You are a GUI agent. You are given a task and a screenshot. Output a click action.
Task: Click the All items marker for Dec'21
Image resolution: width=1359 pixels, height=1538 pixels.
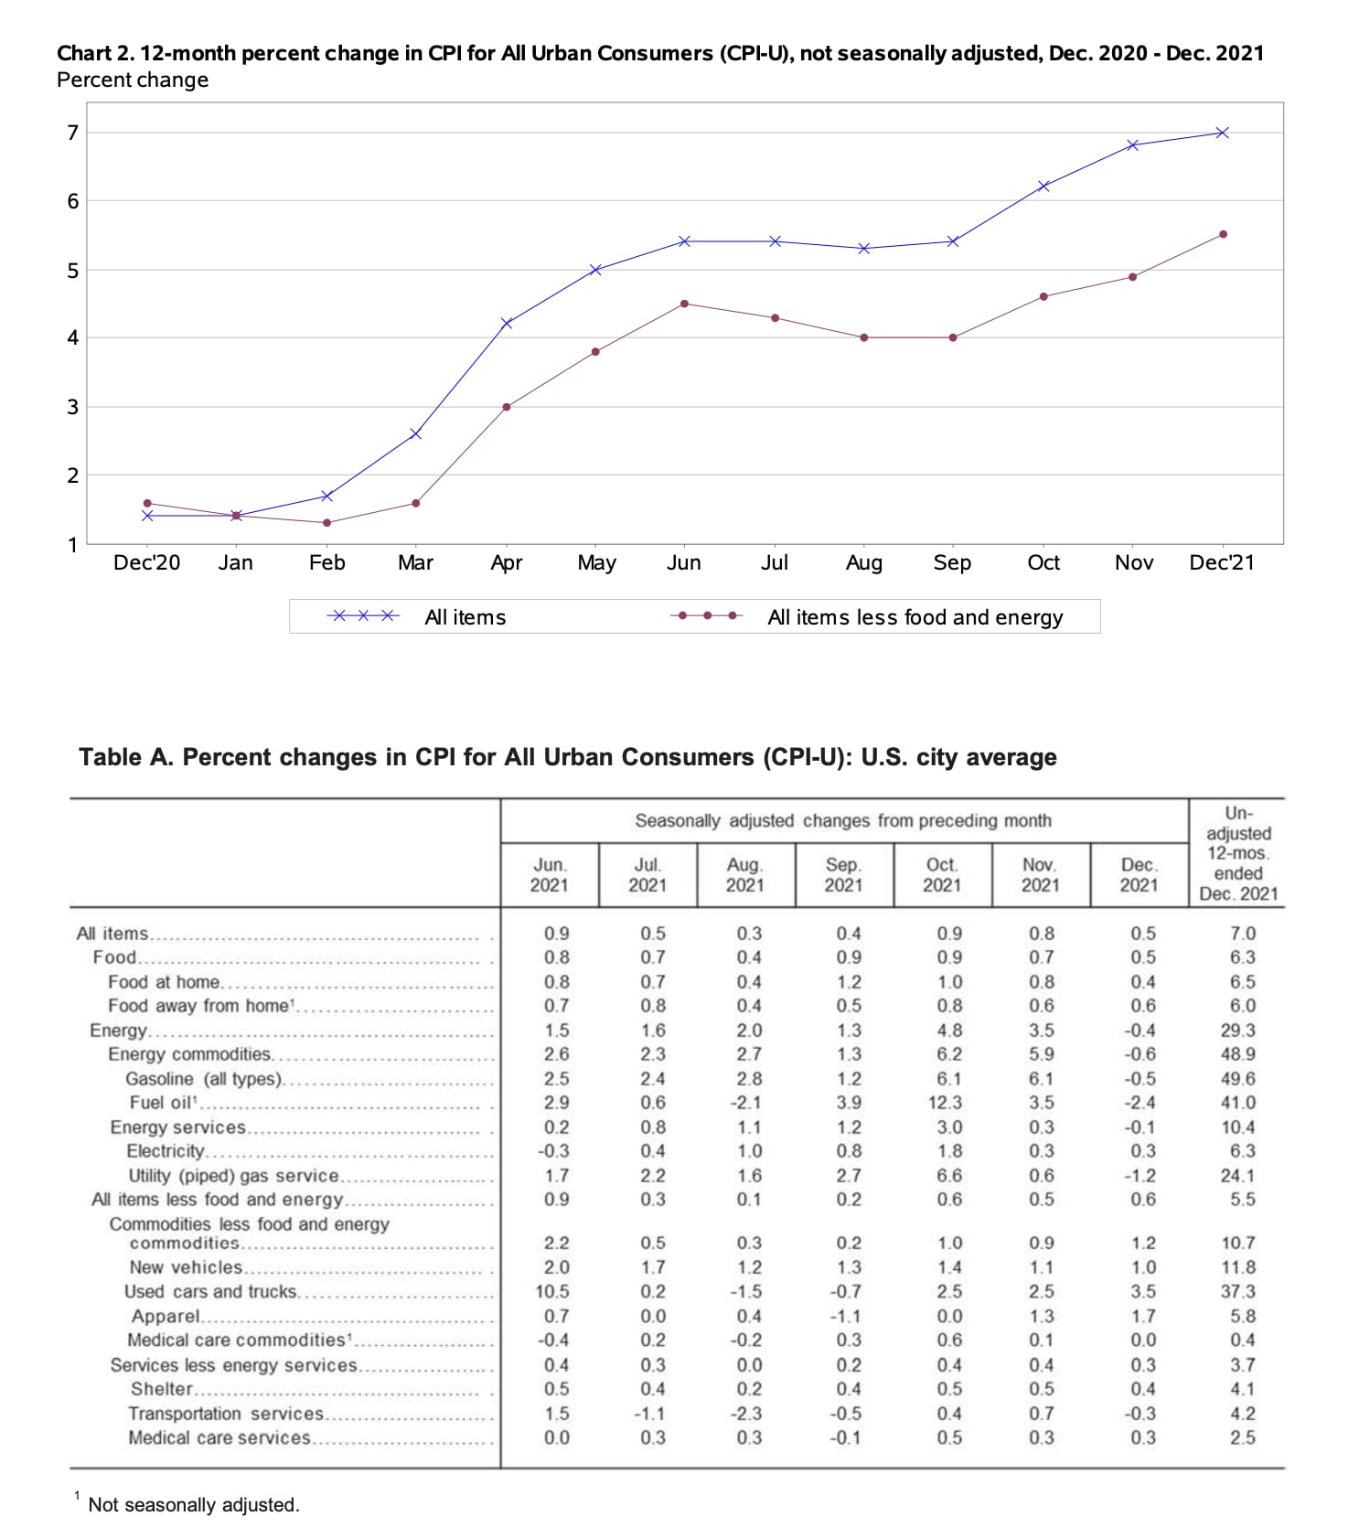[x=1222, y=133]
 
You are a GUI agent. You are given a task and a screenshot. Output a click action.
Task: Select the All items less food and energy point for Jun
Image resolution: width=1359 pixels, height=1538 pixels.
[x=684, y=304]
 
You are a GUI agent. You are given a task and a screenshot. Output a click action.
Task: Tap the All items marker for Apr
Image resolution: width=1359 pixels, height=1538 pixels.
[x=506, y=323]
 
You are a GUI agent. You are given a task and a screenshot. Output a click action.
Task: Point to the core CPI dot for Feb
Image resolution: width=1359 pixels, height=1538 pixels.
[x=326, y=523]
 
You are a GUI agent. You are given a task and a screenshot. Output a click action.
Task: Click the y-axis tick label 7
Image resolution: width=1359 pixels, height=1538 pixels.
[x=73, y=134]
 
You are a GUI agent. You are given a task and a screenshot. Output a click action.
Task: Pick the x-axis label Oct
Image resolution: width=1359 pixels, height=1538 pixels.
[x=1043, y=562]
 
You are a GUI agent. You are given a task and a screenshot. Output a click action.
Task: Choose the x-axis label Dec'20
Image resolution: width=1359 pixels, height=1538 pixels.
[x=146, y=562]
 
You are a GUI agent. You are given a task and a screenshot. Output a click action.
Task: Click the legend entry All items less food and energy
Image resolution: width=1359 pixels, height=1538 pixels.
[x=915, y=617]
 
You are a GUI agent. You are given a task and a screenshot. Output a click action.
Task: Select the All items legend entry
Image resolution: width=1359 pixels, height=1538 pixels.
[x=465, y=617]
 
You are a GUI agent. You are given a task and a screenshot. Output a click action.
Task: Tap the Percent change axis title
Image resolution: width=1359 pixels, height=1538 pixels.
[x=133, y=80]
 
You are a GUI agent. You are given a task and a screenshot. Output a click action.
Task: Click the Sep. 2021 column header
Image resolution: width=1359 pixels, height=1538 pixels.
[x=842, y=875]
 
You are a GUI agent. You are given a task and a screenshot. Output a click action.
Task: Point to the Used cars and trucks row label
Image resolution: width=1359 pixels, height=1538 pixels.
[x=210, y=1291]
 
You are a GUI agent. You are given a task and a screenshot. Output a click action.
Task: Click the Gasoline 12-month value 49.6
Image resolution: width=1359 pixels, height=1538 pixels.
[x=1237, y=1079]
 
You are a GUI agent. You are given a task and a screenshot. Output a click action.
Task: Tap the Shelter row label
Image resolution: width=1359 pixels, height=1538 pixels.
[x=162, y=1389]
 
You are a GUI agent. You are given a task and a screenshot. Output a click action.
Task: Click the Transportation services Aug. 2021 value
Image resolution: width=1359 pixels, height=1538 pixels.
[x=747, y=1414]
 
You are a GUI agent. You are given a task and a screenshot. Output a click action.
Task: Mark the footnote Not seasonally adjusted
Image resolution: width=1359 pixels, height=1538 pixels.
[x=194, y=1505]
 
